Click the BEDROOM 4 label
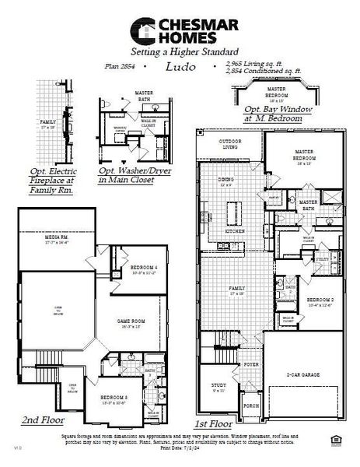pos(144,269)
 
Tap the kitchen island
pos(232,212)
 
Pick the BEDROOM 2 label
pos(320,301)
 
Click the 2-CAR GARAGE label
pos(309,375)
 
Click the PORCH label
pos(251,405)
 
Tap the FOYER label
pos(252,363)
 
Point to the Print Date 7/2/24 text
pos(180,449)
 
